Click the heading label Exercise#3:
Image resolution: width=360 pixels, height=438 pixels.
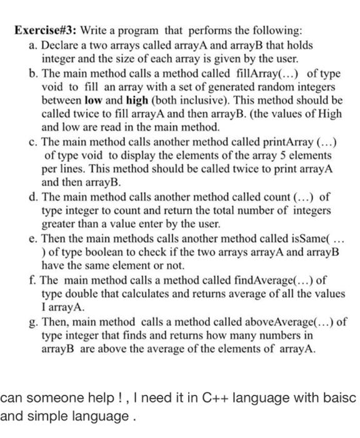38,31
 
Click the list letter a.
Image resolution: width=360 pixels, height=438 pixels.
32,46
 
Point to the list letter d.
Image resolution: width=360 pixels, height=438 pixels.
32,198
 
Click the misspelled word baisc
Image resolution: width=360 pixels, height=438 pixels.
340,398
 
